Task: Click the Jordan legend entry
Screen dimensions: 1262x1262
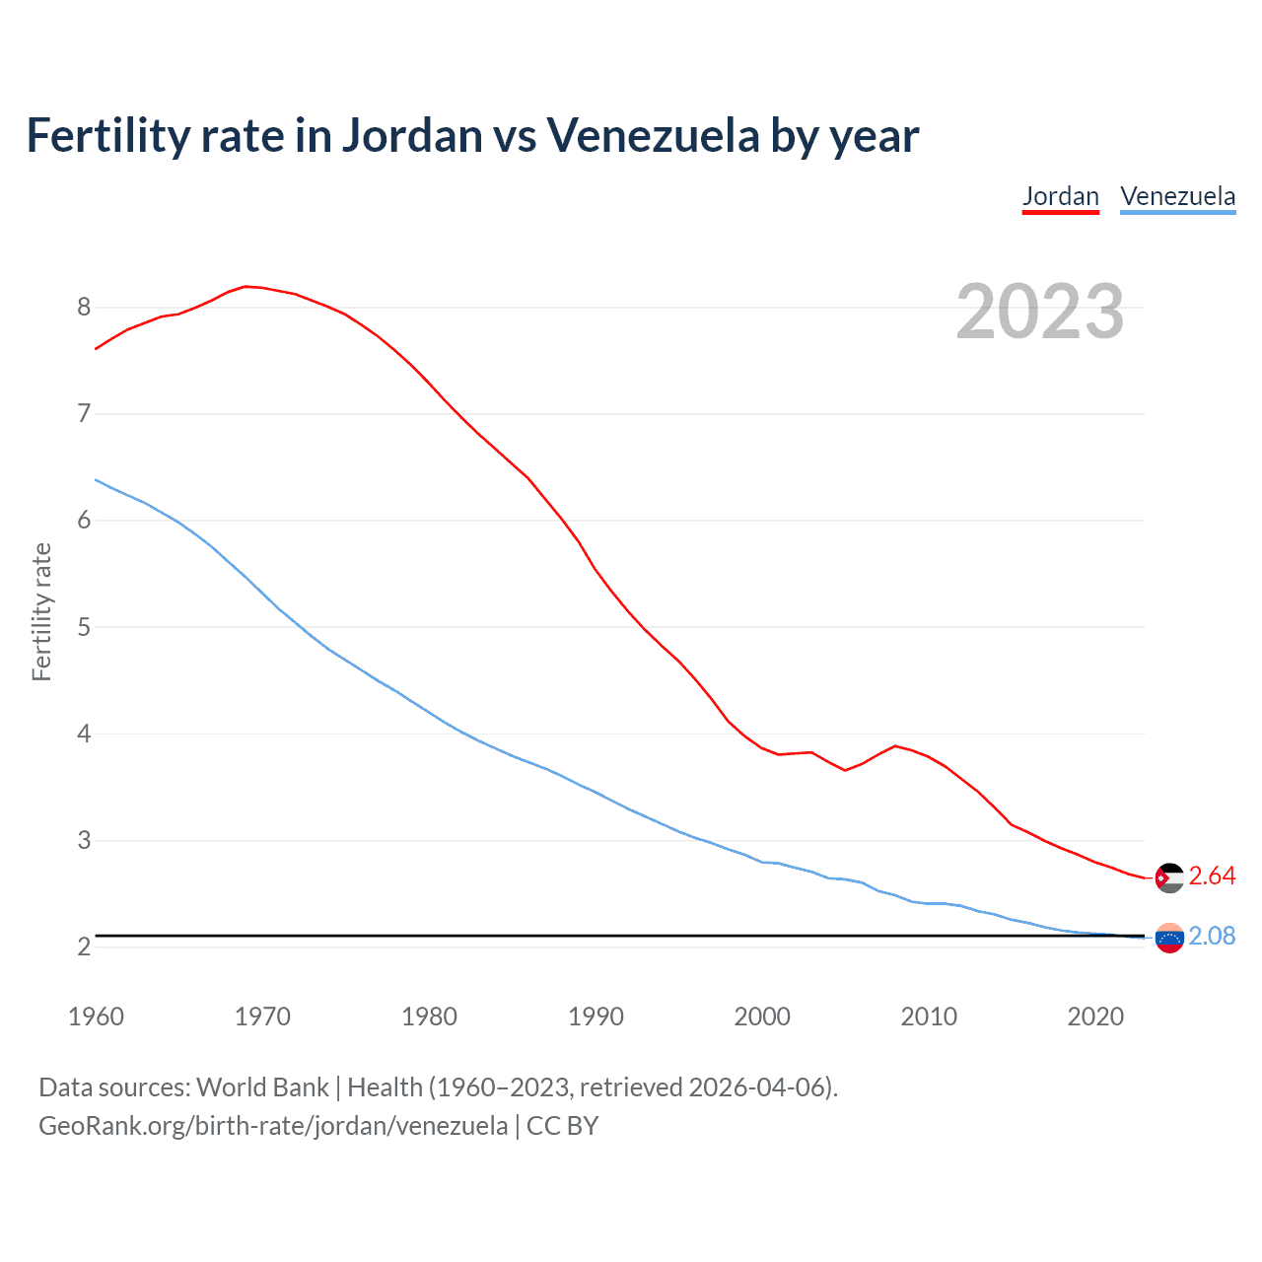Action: pyautogui.click(x=1060, y=196)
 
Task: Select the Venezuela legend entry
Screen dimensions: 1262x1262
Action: pyautogui.click(x=1177, y=196)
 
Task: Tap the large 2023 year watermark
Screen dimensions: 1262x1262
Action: pyautogui.click(x=1039, y=312)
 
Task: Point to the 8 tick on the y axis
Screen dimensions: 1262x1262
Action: pyautogui.click(x=84, y=307)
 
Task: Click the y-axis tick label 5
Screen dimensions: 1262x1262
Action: pyautogui.click(x=84, y=627)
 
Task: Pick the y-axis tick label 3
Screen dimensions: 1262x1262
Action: pyautogui.click(x=84, y=840)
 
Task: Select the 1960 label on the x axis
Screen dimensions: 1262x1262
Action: pyautogui.click(x=96, y=1017)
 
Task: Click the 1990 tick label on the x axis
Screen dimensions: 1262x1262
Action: pyautogui.click(x=596, y=1017)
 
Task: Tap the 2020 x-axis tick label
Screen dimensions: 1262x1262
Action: pyautogui.click(x=1095, y=1017)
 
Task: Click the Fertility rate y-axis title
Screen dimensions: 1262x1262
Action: pyautogui.click(x=41, y=611)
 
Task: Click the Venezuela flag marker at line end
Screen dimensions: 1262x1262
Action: pyautogui.click(x=1169, y=938)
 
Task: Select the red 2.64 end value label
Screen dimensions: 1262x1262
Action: pyautogui.click(x=1212, y=876)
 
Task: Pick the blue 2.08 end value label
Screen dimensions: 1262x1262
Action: pyautogui.click(x=1212, y=936)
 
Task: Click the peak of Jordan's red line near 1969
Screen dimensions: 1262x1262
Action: pyautogui.click(x=246, y=286)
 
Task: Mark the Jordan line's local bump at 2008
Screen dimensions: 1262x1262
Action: pyautogui.click(x=895, y=745)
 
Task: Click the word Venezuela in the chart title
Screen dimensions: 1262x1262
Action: pyautogui.click(x=653, y=135)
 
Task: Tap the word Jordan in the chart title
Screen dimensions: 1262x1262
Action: pyautogui.click(x=414, y=135)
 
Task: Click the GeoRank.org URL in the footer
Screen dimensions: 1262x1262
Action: pyautogui.click(x=273, y=1125)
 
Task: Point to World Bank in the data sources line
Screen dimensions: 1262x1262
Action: pyautogui.click(x=262, y=1087)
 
